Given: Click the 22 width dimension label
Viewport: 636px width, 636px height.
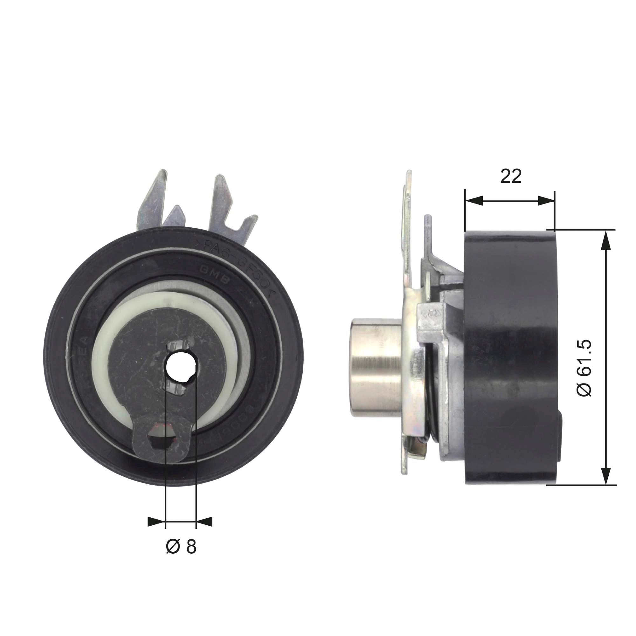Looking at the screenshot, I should pos(511,176).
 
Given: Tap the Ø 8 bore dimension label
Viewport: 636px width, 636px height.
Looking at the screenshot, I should pos(181,547).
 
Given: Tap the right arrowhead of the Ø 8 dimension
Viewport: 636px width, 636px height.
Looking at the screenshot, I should pos(204,522).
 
